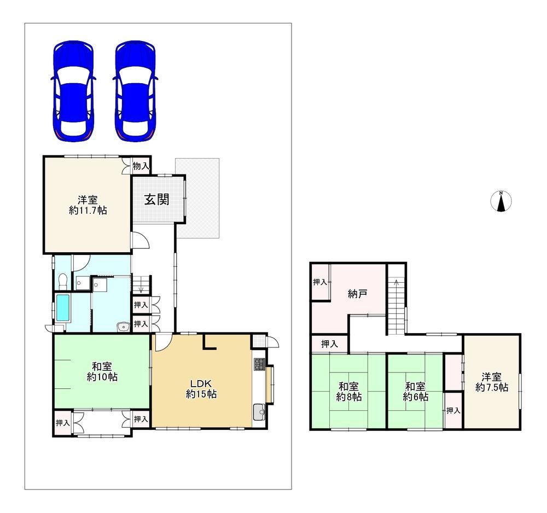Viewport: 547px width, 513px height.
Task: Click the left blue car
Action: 74,91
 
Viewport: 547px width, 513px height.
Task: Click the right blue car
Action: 135,91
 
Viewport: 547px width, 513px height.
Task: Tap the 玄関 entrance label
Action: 157,200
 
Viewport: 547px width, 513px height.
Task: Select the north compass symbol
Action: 501,201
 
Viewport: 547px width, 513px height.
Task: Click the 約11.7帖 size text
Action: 88,211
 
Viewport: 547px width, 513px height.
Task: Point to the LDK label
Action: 201,383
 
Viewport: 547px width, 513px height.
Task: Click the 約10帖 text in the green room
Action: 102,377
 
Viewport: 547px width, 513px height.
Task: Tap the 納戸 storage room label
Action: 358,294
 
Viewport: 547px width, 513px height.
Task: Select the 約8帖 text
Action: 349,397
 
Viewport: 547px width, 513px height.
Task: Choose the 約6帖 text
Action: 416,397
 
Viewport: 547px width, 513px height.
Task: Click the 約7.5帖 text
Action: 492,387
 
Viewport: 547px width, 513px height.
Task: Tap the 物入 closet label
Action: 141,166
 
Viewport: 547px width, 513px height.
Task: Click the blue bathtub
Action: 63,307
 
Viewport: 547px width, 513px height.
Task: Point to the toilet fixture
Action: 63,281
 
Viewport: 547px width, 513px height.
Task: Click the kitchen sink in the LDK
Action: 259,412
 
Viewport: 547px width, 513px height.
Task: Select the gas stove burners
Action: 259,364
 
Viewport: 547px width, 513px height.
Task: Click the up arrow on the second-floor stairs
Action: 396,283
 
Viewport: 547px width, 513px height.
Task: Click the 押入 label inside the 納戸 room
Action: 320,282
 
